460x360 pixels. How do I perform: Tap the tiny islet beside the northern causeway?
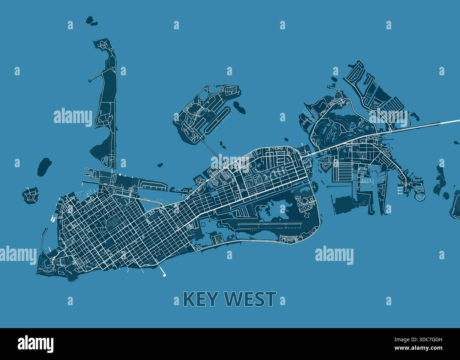coord(222,144)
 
